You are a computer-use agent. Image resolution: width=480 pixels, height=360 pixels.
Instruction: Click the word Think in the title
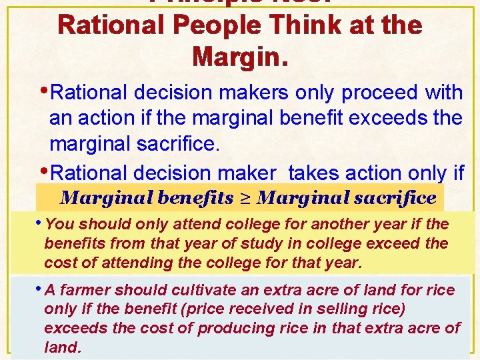click(x=275, y=26)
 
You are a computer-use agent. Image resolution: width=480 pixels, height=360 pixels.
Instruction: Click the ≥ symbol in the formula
click(x=246, y=198)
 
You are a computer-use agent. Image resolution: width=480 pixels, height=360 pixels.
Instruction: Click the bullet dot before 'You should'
click(x=41, y=223)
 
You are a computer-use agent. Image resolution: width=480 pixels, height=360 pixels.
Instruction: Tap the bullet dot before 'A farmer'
click(x=41, y=289)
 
